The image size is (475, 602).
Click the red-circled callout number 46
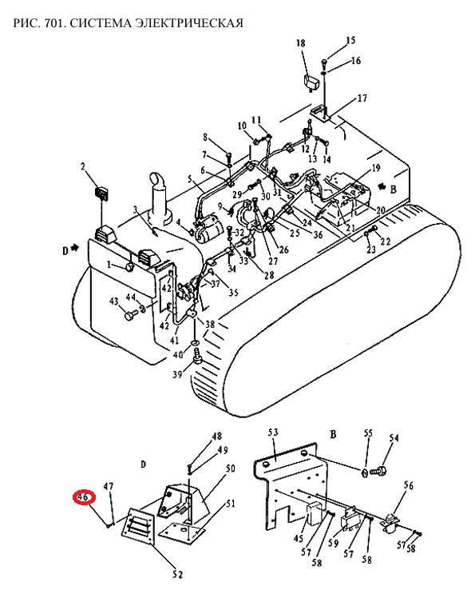(x=84, y=496)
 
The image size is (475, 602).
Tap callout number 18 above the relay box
(x=300, y=43)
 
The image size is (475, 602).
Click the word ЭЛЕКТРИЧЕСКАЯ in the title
(x=190, y=23)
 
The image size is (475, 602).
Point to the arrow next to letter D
(x=74, y=249)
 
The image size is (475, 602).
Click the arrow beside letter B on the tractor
(x=382, y=187)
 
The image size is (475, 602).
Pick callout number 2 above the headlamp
(x=83, y=166)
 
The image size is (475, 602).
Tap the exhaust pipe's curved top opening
(x=156, y=179)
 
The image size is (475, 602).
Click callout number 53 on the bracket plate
(x=273, y=433)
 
